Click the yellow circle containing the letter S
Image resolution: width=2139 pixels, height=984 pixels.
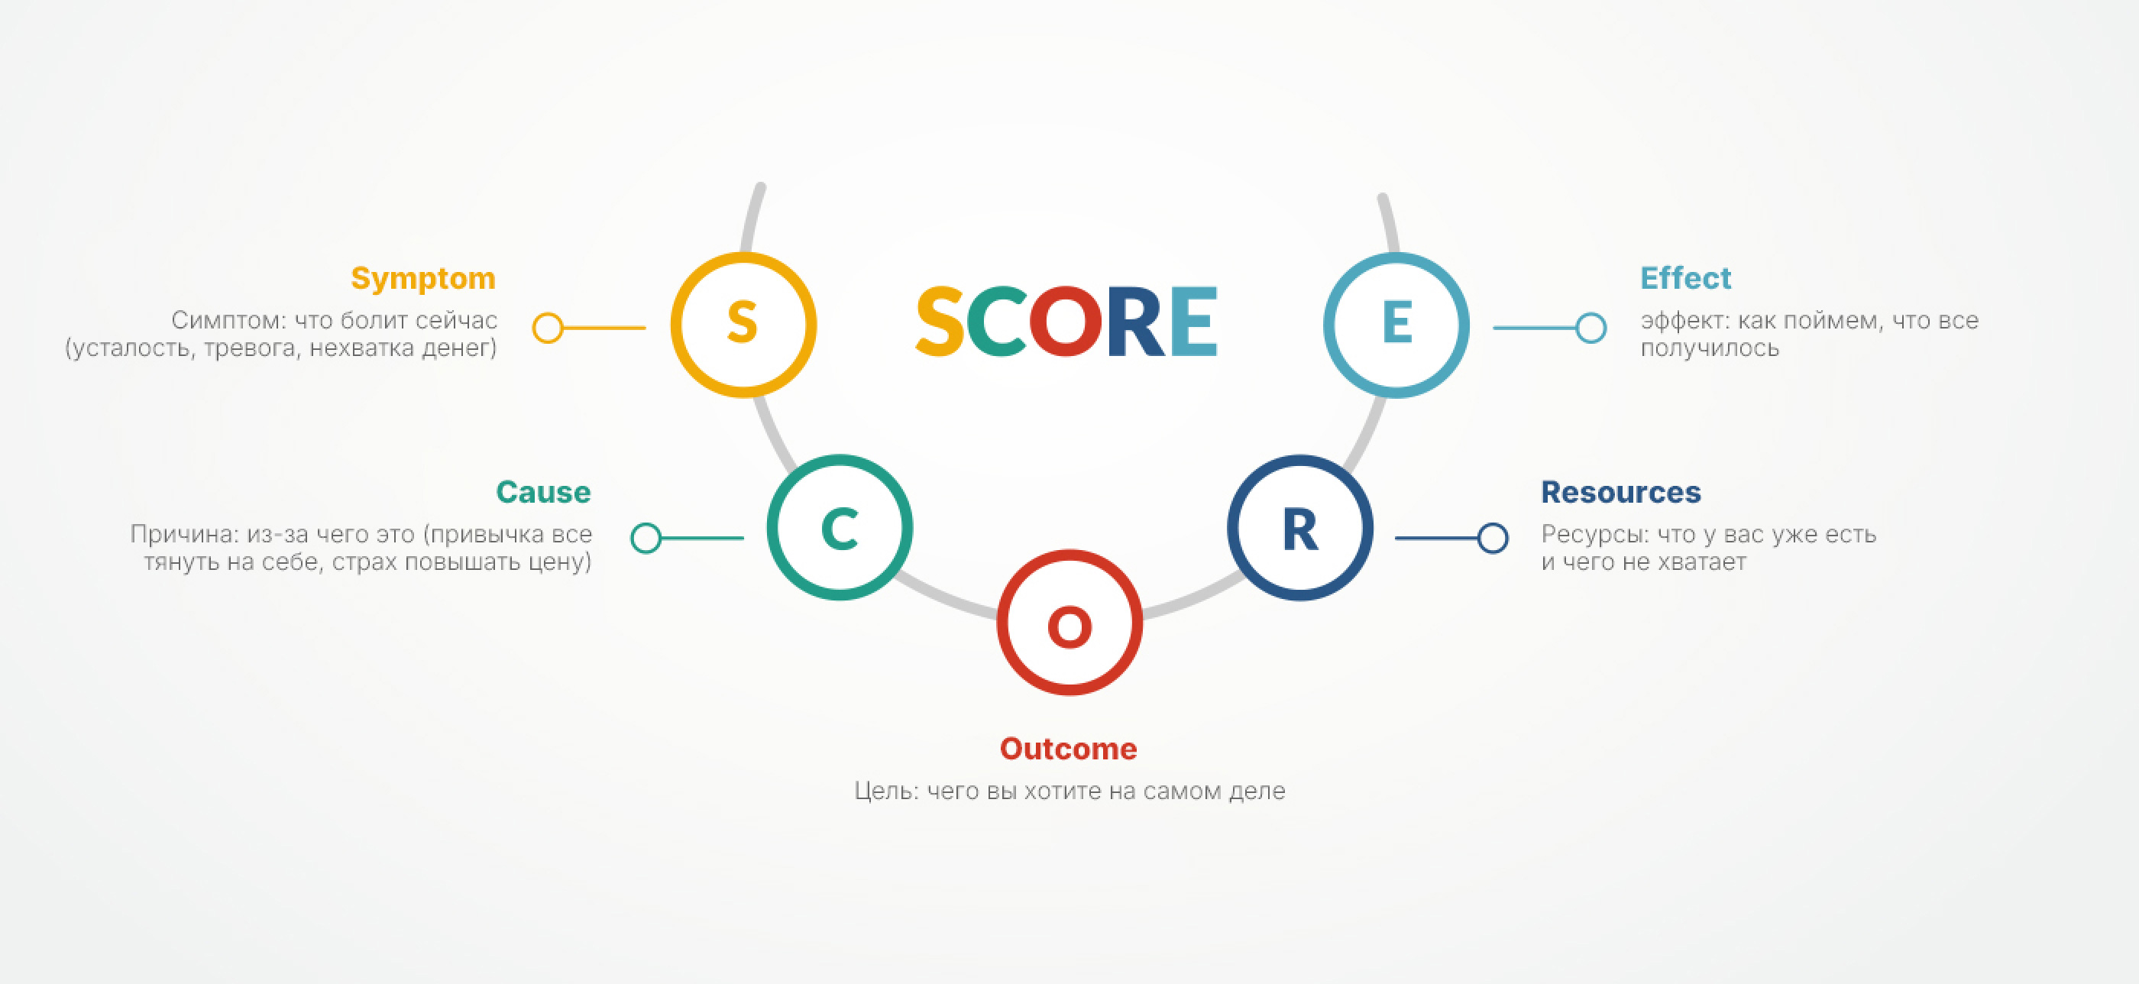click(743, 256)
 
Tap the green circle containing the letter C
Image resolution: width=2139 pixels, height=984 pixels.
click(840, 458)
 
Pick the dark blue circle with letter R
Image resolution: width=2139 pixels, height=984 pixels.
click(1300, 458)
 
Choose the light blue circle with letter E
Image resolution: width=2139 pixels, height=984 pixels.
click(1396, 256)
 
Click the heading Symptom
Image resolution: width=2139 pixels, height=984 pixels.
click(423, 279)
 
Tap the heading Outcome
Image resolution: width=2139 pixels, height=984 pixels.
click(1069, 748)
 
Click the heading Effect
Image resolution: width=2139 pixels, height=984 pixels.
click(1686, 277)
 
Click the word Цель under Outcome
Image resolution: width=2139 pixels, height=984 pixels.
click(886, 791)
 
